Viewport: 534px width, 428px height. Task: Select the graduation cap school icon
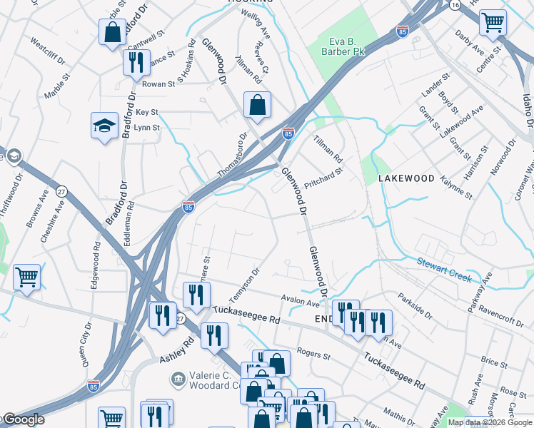(104, 126)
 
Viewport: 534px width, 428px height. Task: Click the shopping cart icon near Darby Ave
(493, 23)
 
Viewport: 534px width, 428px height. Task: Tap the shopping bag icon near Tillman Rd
(257, 105)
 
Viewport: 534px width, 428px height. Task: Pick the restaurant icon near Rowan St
(136, 63)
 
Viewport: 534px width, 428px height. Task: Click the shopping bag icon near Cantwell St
(112, 33)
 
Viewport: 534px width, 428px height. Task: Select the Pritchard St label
(324, 175)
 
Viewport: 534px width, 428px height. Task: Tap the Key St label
(146, 113)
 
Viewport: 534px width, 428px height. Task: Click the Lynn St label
(147, 128)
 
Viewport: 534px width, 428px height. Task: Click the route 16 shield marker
(454, 4)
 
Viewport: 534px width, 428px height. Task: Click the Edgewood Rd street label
(96, 263)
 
